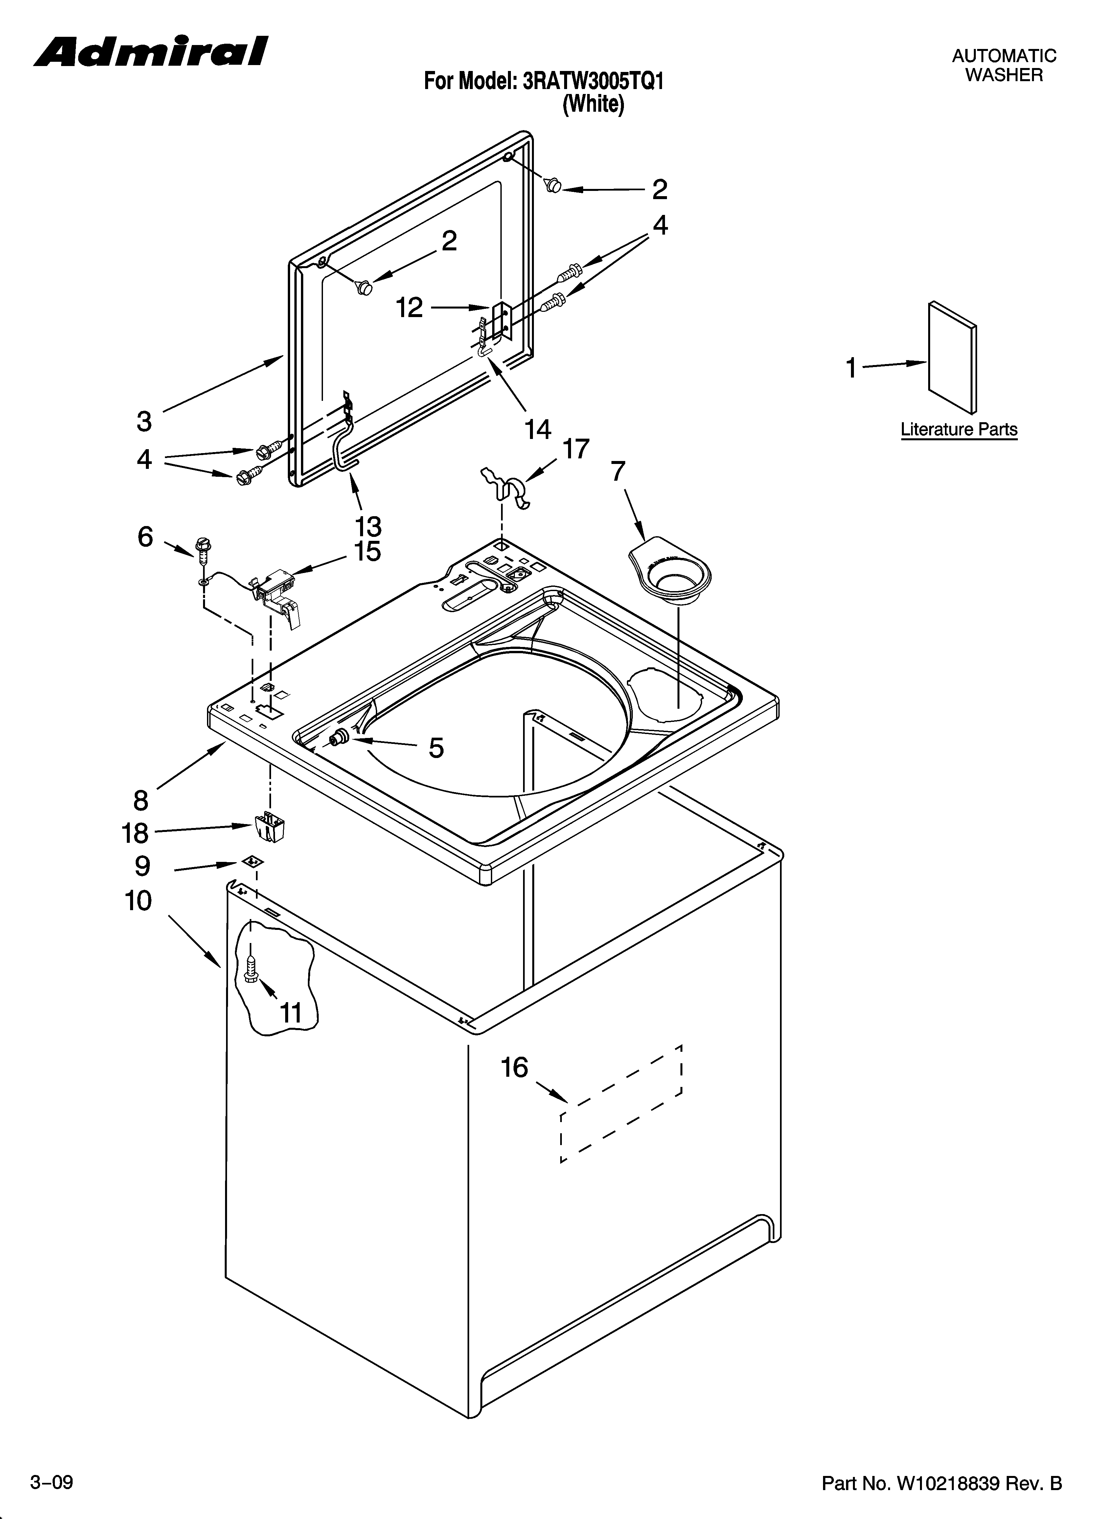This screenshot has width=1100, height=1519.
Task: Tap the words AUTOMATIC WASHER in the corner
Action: pyautogui.click(x=1003, y=65)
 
